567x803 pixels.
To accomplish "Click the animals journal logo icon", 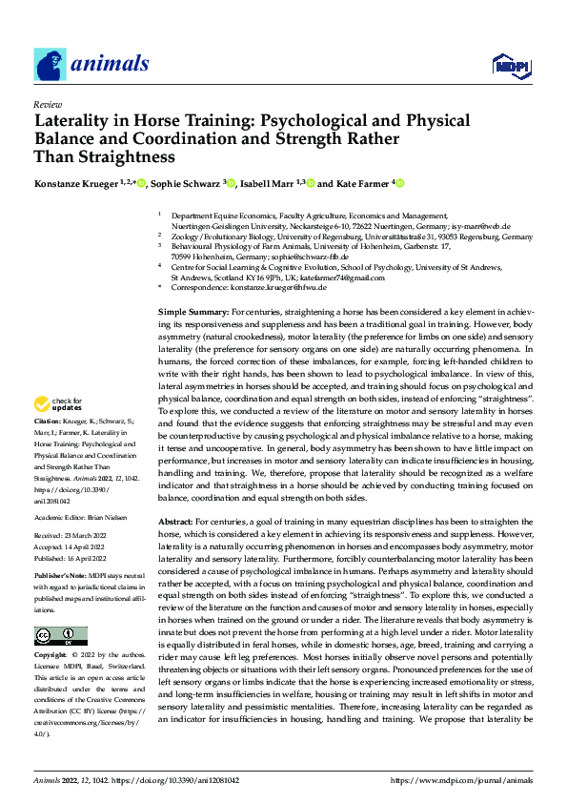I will pyautogui.click(x=50, y=64).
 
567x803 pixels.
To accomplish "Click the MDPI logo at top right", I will pyautogui.click(x=510, y=66).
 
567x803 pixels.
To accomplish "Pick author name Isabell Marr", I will pyautogui.click(x=266, y=184).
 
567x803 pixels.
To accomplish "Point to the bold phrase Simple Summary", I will pyautogui.click(x=192, y=286).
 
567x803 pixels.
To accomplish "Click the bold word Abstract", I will pyautogui.click(x=174, y=523).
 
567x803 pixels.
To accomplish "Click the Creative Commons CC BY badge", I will pyautogui.click(x=61, y=635).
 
